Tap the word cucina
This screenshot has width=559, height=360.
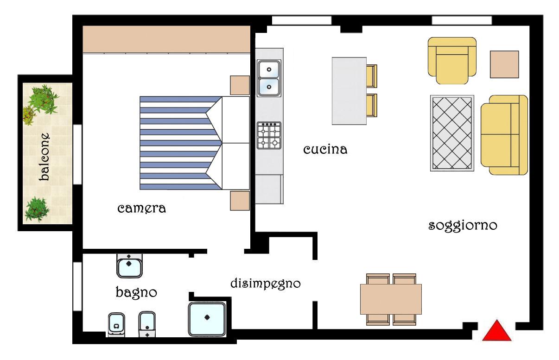click(x=325, y=150)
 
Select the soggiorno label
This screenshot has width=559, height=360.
click(x=463, y=226)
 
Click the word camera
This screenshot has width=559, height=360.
click(x=141, y=208)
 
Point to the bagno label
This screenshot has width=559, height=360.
click(x=136, y=292)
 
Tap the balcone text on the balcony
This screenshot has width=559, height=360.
click(x=44, y=157)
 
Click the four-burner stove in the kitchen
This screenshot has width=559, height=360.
click(x=269, y=135)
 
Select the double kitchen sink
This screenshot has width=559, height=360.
click(x=269, y=78)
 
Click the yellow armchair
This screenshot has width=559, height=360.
click(x=452, y=61)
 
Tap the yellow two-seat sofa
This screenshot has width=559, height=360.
click(x=504, y=135)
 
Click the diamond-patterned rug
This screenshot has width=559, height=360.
click(x=452, y=133)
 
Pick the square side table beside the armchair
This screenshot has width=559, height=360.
click(x=504, y=64)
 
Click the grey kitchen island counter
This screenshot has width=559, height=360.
click(x=349, y=91)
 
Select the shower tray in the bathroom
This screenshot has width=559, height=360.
click(x=207, y=319)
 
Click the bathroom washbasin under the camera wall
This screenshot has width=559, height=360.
click(x=129, y=266)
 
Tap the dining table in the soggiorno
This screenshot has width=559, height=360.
click(x=391, y=299)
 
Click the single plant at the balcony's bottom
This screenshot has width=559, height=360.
click(x=37, y=209)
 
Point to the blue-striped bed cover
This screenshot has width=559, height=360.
click(x=181, y=143)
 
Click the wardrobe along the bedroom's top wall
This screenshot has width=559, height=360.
click(x=166, y=39)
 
